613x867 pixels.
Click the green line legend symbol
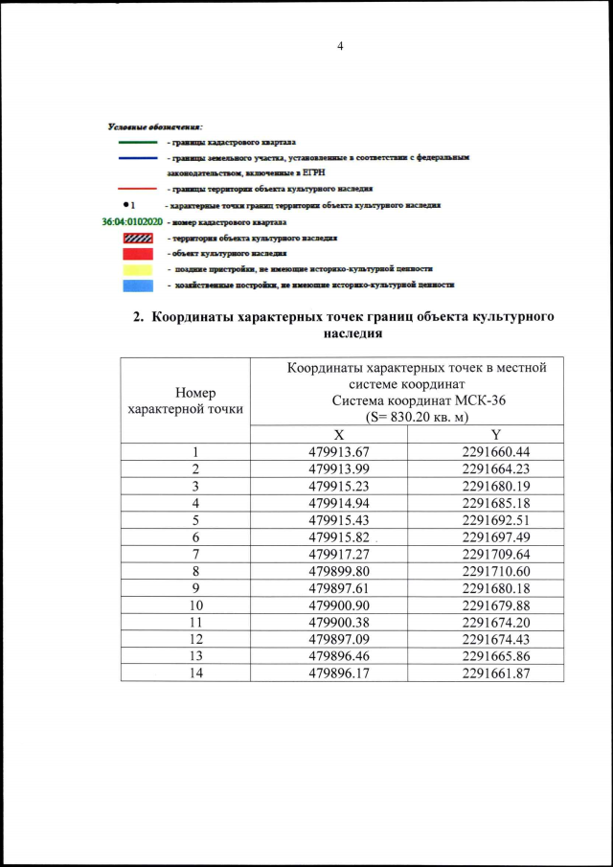[x=137, y=142]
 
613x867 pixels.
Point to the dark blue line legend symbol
[x=137, y=157]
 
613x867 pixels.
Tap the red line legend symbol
[x=137, y=190]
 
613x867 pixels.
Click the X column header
[x=329, y=435]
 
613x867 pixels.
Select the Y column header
[x=485, y=435]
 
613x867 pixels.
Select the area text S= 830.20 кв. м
[x=408, y=418]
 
